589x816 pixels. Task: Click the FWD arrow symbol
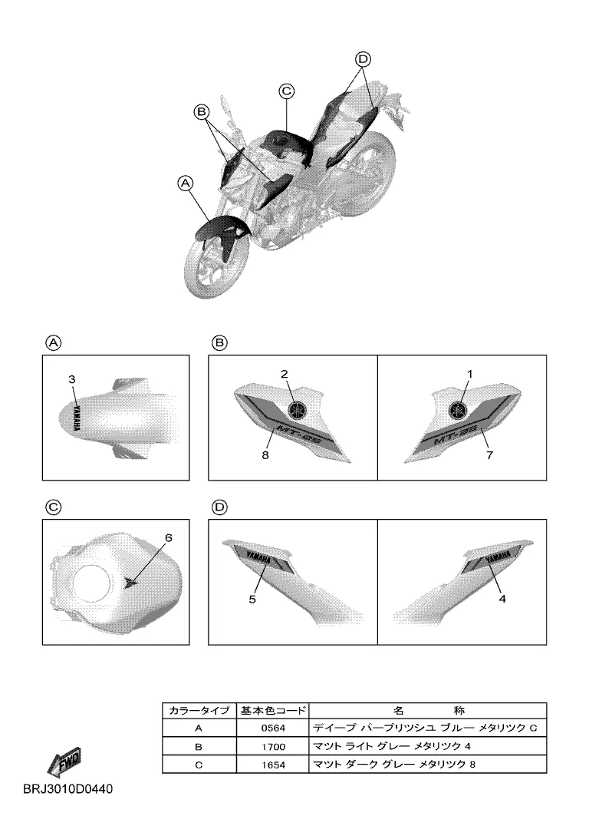click(64, 762)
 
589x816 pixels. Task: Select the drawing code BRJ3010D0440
click(67, 789)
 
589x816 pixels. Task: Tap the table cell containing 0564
click(273, 728)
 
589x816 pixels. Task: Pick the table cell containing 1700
click(273, 746)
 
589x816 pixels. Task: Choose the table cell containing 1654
click(273, 765)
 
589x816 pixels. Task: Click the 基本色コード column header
click(273, 710)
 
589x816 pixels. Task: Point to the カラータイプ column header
click(199, 710)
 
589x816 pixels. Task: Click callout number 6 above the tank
click(169, 537)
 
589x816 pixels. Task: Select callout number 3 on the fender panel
click(72, 379)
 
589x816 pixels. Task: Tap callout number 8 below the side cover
click(265, 455)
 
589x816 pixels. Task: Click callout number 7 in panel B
click(489, 455)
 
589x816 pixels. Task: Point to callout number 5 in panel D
click(252, 600)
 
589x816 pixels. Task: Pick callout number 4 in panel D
click(502, 599)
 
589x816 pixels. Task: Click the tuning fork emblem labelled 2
click(298, 410)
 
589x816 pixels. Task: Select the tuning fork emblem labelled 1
click(459, 410)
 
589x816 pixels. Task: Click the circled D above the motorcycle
click(363, 59)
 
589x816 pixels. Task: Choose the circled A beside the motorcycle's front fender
click(185, 183)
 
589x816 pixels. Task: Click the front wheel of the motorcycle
click(214, 267)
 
